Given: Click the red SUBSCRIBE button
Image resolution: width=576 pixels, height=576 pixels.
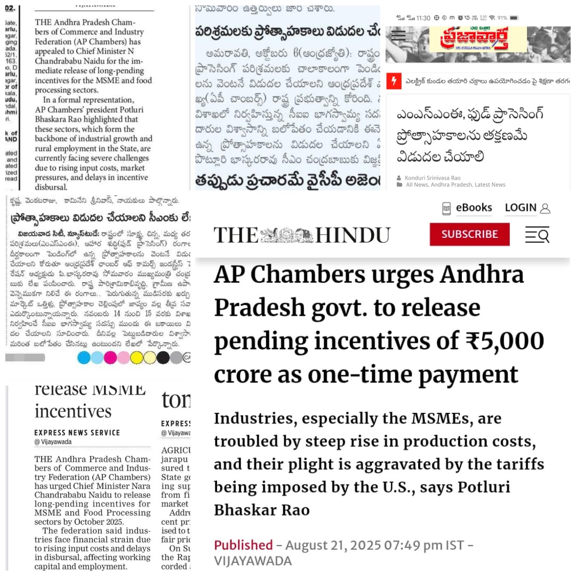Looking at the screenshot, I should (469, 234).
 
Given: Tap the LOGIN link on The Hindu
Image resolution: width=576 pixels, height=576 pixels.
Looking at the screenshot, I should (521, 207).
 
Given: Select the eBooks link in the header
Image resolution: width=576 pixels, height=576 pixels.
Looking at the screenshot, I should (474, 207).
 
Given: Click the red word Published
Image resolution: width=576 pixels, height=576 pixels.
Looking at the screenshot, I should (243, 545).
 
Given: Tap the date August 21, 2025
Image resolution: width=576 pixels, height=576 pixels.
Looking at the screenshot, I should (333, 545).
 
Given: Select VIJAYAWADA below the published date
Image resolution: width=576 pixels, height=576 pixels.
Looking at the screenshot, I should (253, 561).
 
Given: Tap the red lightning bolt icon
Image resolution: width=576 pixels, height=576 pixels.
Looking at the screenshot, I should (394, 82).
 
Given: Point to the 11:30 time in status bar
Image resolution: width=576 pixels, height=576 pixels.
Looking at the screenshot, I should (423, 18).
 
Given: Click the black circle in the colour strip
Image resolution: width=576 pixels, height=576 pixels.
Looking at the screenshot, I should (163, 357).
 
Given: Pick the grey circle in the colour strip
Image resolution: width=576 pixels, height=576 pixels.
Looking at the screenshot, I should (176, 357).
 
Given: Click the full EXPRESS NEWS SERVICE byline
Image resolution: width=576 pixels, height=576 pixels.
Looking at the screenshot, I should (77, 433).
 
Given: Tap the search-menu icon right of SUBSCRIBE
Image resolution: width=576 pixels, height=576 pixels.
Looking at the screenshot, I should (537, 234).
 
